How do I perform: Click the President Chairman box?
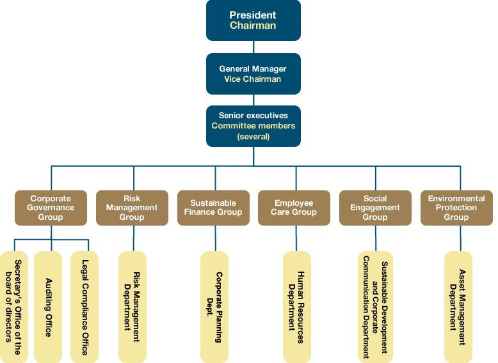pos(253,20)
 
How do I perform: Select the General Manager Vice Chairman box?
pos(253,74)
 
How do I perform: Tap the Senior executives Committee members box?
pos(253,126)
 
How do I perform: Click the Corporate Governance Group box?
pos(51,208)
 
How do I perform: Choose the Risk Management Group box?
pos(132,208)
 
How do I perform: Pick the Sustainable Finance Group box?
pos(213,208)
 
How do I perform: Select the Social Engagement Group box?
pos(375,208)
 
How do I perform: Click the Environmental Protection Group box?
pos(456,208)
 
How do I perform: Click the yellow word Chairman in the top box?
pos(253,26)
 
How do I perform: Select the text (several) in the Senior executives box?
pos(253,136)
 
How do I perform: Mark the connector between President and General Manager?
pos(253,47)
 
